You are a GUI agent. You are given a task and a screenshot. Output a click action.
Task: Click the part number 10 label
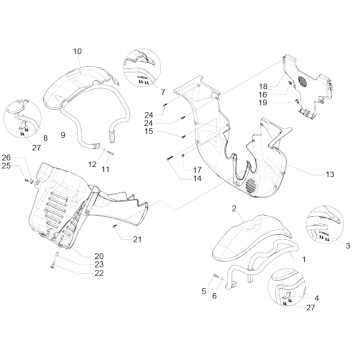click(77, 51)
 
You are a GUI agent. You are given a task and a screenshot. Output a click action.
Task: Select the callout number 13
click(330, 174)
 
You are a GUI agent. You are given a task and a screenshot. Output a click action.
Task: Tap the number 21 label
click(137, 239)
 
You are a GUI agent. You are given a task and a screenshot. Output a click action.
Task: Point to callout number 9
click(63, 135)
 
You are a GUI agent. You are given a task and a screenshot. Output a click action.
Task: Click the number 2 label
click(234, 209)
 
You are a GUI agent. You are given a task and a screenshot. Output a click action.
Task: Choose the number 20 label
click(99, 256)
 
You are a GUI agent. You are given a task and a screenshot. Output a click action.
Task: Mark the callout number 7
click(163, 91)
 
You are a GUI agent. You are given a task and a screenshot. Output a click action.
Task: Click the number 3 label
click(348, 246)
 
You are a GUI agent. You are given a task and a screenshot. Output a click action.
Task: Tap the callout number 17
click(197, 170)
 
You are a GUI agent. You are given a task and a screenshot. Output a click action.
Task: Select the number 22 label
click(99, 273)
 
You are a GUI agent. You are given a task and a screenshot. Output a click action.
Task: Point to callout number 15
click(149, 132)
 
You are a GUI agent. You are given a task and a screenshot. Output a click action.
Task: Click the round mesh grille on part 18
click(302, 82)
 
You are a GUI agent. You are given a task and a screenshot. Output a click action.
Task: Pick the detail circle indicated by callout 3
click(325, 225)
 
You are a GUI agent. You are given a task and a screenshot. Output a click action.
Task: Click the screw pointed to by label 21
click(115, 226)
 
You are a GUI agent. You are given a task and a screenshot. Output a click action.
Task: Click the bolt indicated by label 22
click(53, 266)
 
